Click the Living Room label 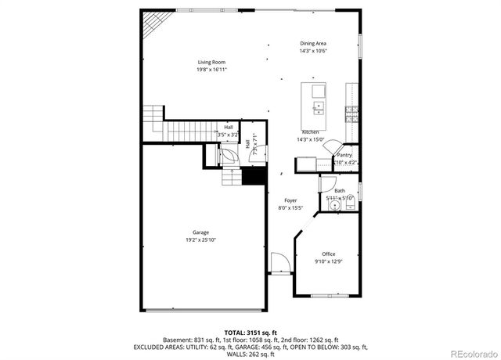pyautogui.click(x=211, y=62)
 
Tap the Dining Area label pyautogui.click(x=313, y=44)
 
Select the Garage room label pyautogui.click(x=201, y=232)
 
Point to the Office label pyautogui.click(x=329, y=254)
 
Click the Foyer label pyautogui.click(x=290, y=200)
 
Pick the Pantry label pyautogui.click(x=344, y=155)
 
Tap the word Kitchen pyautogui.click(x=310, y=132)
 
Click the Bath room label pyautogui.click(x=340, y=191)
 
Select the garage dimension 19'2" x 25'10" pyautogui.click(x=201, y=240)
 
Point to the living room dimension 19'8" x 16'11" pyautogui.click(x=211, y=70)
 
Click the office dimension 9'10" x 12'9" pyautogui.click(x=329, y=261)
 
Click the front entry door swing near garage pyautogui.click(x=279, y=263)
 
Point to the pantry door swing pyautogui.click(x=332, y=147)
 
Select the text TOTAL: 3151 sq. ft pyautogui.click(x=250, y=333)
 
